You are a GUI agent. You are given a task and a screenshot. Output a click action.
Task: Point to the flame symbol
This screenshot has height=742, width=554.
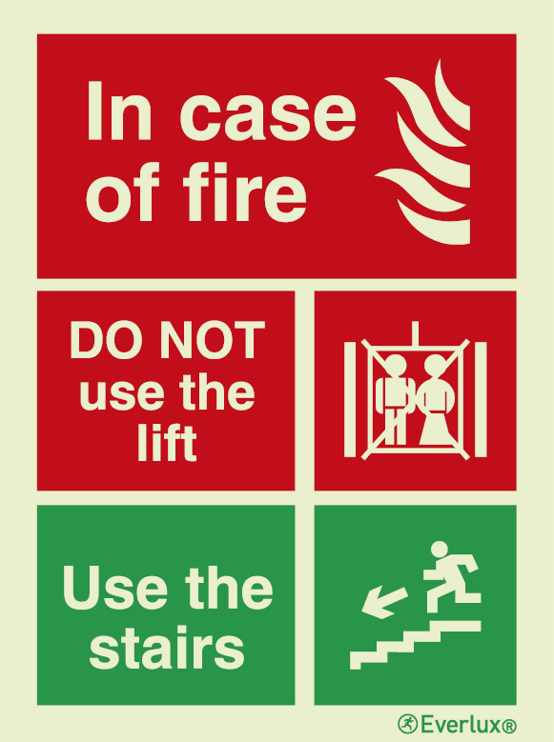423,152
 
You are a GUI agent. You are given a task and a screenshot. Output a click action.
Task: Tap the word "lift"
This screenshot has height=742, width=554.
166,443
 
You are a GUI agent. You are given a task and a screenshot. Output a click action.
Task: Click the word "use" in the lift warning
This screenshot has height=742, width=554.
116,393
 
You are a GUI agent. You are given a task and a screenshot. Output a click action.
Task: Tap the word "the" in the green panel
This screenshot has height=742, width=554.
229,590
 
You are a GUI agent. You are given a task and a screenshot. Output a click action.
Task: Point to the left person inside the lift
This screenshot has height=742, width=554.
393,400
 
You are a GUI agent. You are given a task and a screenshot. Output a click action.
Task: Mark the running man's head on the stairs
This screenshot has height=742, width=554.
440,550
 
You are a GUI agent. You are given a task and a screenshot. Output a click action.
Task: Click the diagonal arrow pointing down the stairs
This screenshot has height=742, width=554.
383,601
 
